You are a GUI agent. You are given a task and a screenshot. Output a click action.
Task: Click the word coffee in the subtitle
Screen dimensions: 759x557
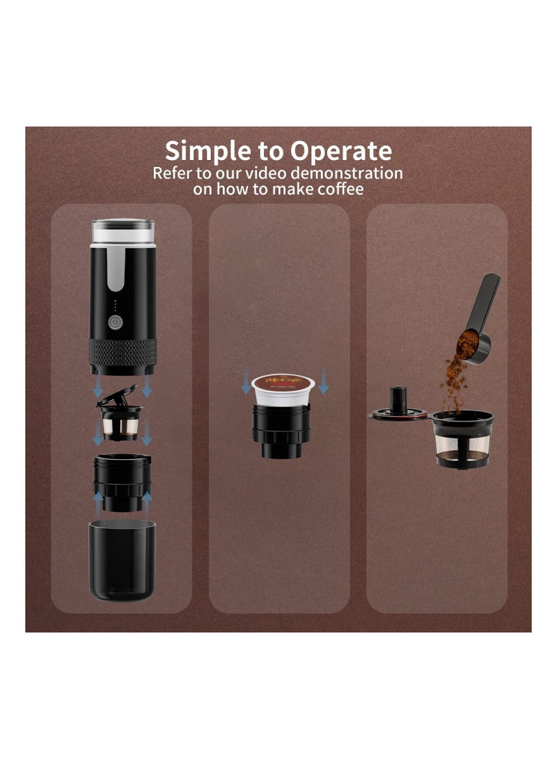[x=338, y=189]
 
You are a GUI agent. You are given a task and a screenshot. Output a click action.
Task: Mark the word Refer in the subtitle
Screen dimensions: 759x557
[x=174, y=173]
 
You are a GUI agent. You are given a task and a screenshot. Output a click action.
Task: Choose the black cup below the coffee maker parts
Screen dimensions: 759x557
[x=122, y=559]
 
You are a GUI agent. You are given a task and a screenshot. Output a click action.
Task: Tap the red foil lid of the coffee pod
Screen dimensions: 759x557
[x=283, y=381]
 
